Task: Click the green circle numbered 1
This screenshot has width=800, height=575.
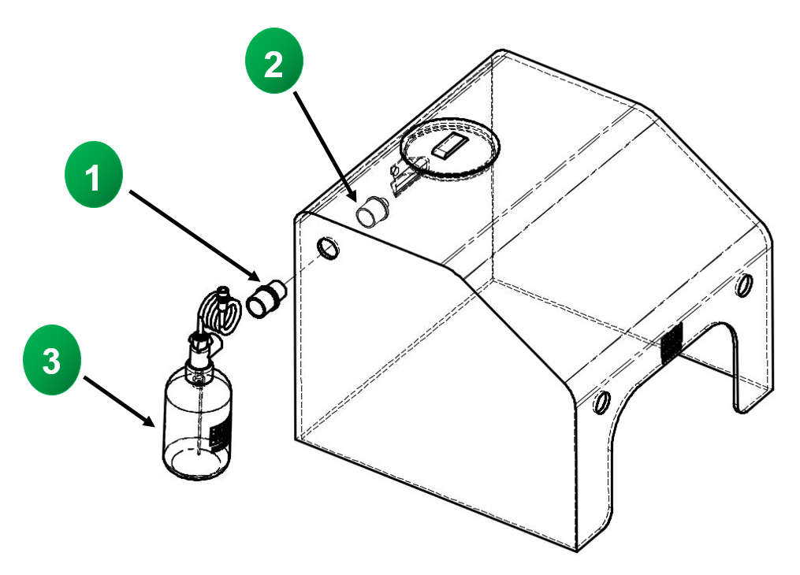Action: click(94, 180)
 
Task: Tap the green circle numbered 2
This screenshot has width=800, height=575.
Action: click(273, 66)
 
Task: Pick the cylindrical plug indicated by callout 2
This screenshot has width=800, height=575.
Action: click(372, 212)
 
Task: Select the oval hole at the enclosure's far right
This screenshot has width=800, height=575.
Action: click(743, 284)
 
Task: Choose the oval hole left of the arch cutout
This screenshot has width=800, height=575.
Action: click(601, 401)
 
